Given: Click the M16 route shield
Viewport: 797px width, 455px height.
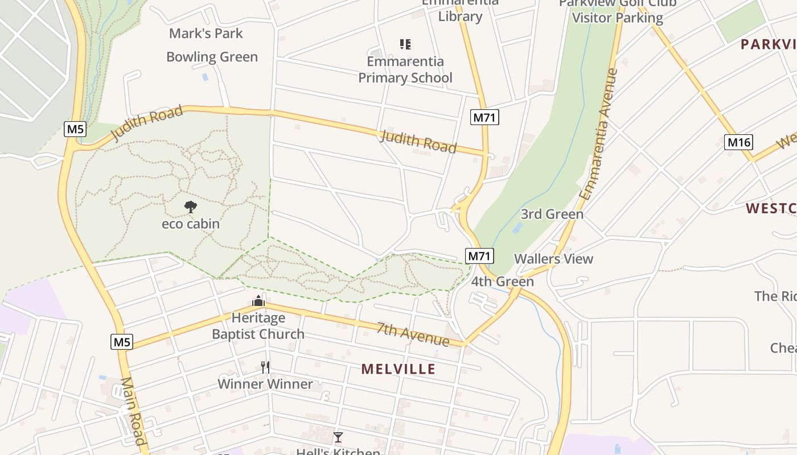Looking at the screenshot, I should click(738, 142).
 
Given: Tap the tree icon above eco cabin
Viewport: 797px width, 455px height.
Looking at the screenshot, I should click(191, 207).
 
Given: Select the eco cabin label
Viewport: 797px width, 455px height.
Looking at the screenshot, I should click(191, 224).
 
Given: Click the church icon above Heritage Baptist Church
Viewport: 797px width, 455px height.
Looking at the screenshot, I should click(258, 301).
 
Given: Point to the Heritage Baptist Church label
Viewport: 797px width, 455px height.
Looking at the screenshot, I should click(258, 326).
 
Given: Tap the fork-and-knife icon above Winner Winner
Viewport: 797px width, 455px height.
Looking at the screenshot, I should click(265, 367).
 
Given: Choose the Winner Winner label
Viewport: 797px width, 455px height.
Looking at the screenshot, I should click(265, 384).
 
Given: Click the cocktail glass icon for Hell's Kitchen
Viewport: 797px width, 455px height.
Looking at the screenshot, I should click(338, 437).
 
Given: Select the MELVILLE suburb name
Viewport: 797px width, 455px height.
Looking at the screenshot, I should click(398, 369).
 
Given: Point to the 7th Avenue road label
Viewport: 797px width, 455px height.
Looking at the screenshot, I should click(413, 334).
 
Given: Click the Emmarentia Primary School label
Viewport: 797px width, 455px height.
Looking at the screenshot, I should click(405, 69).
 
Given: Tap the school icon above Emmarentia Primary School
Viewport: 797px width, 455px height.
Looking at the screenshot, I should click(405, 44).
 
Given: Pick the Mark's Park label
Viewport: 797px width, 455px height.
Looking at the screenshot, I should click(206, 34).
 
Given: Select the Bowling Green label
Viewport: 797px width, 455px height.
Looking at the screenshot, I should click(212, 57).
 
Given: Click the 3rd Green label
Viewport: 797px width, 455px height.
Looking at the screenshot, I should click(552, 214).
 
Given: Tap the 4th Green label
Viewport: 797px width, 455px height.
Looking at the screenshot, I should click(503, 282).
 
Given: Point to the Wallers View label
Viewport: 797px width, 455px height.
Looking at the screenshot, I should click(553, 259).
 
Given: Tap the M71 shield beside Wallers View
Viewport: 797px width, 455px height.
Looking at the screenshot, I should click(479, 256).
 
